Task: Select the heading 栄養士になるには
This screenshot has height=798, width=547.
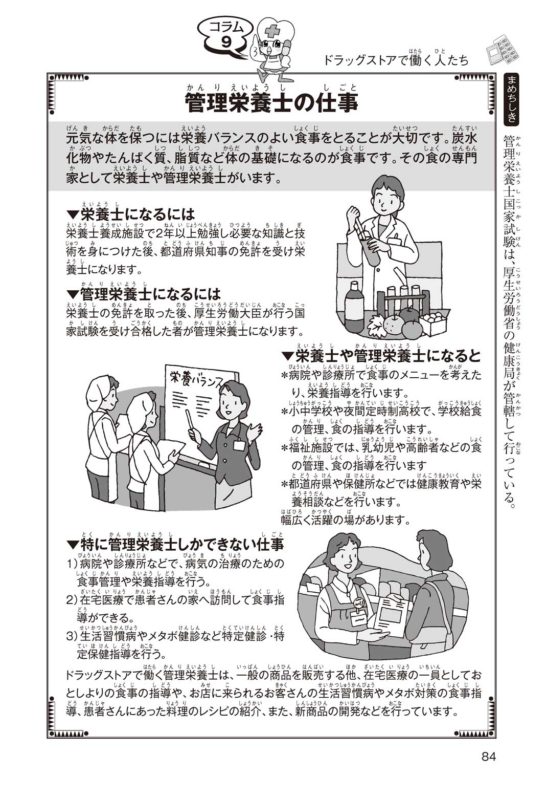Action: pos(131,214)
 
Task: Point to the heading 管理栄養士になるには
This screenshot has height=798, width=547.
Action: pos(144,295)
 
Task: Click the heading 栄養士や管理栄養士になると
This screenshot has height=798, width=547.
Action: pos(381,357)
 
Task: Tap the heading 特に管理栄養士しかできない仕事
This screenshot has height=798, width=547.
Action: pos(175,546)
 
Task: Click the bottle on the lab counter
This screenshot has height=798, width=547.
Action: pos(354,307)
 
